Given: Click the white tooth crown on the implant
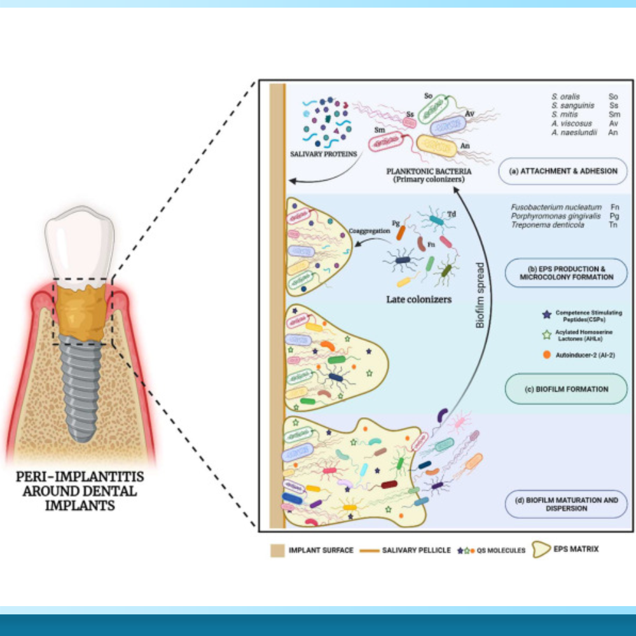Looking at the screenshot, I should tap(79, 245).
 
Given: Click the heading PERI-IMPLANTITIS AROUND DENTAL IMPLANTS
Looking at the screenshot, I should tap(79, 492).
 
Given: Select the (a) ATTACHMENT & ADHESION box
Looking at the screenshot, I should tap(563, 171).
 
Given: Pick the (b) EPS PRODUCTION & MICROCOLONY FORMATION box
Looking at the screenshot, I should tap(565, 272).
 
